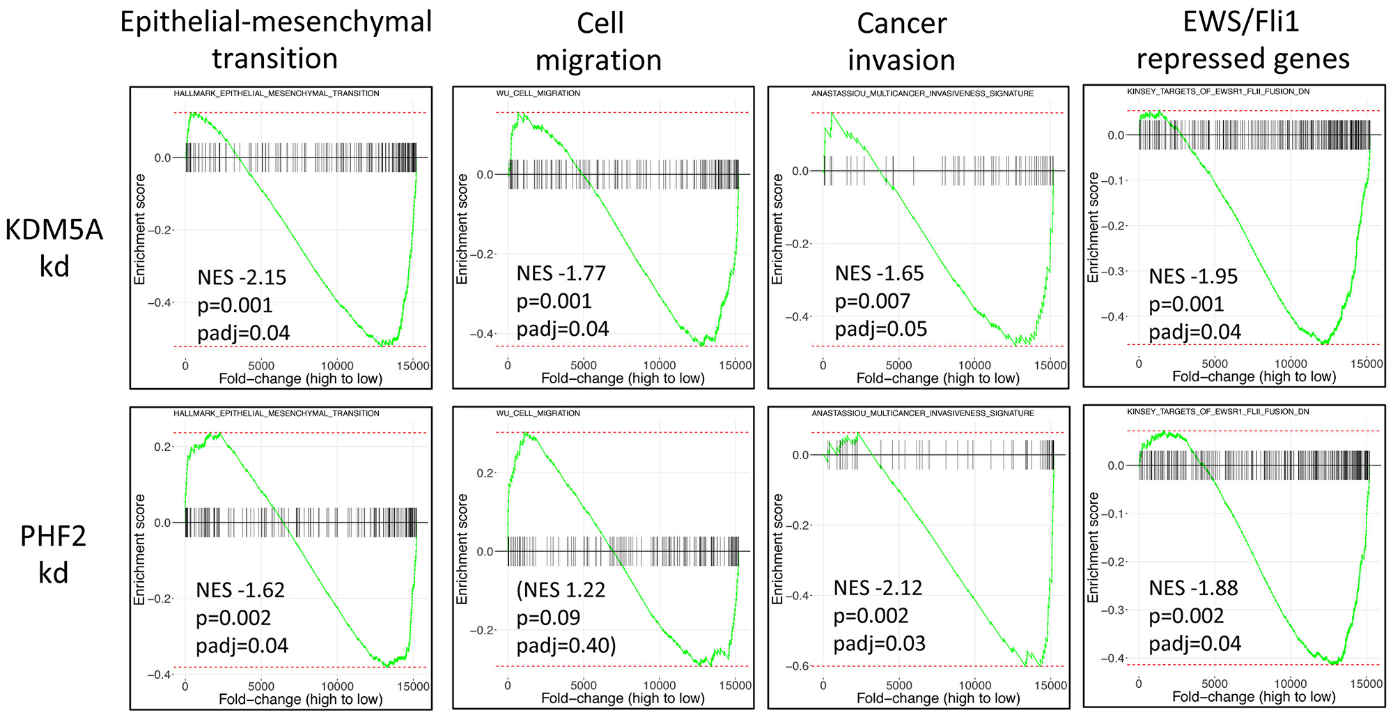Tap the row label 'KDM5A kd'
click(x=54, y=247)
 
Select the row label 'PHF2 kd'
click(x=54, y=554)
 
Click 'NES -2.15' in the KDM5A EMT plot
click(x=242, y=277)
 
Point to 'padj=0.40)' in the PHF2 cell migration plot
click(x=566, y=645)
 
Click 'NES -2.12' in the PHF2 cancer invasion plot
click(x=878, y=588)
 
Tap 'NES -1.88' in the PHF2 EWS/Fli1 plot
click(x=1193, y=588)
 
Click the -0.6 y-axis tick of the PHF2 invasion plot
click(x=798, y=666)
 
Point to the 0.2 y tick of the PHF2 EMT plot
click(x=162, y=447)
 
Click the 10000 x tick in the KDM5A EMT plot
click(x=336, y=366)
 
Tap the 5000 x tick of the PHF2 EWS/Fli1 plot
click(x=1214, y=684)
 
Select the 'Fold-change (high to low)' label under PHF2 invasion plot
click(x=937, y=698)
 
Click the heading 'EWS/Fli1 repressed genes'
click(x=1243, y=40)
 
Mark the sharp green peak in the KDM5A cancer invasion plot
click(x=832, y=113)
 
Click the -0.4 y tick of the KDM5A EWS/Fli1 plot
click(x=1112, y=316)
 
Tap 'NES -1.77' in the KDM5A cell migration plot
click(x=561, y=273)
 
